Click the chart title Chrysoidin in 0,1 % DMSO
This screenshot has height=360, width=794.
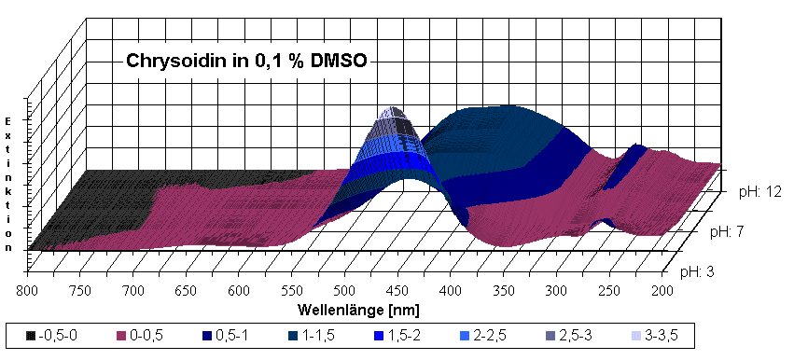[247, 63]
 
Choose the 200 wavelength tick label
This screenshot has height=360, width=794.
[661, 290]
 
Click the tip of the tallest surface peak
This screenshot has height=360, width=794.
[396, 108]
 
